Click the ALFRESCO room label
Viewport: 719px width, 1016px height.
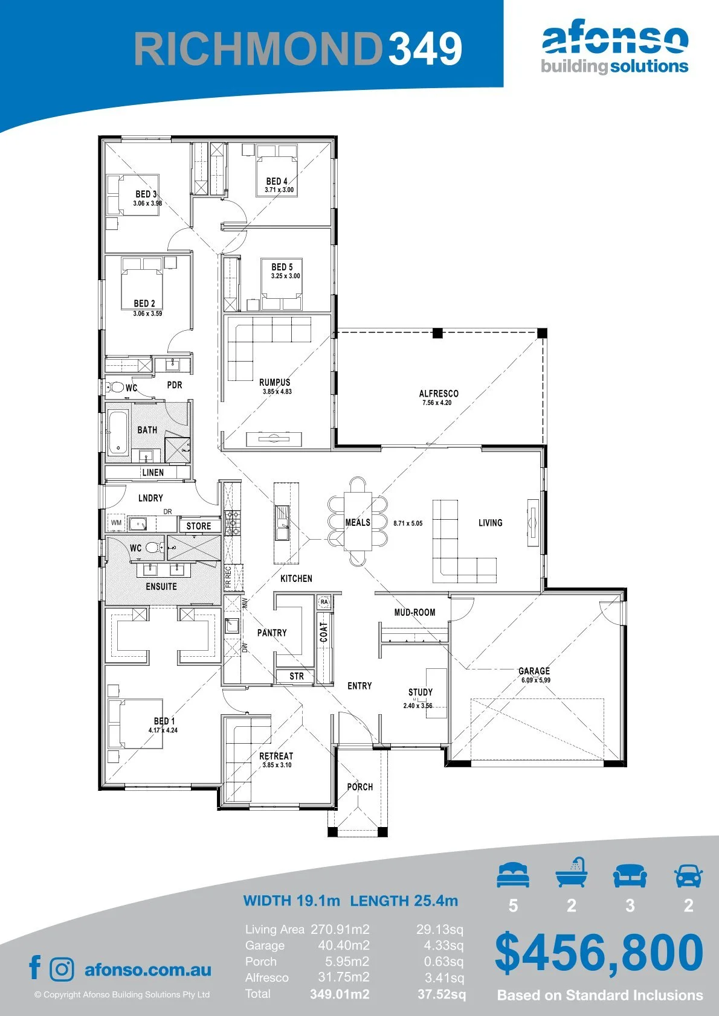tap(439, 394)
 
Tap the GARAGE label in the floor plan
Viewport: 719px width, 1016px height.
tap(534, 671)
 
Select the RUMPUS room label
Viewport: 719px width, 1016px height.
tap(275, 382)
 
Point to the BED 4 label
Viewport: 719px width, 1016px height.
tap(277, 182)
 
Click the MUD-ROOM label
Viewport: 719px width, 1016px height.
tap(415, 612)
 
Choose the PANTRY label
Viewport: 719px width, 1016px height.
tap(272, 633)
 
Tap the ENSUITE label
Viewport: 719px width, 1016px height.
tap(161, 586)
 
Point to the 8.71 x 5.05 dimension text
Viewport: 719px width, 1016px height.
tap(408, 523)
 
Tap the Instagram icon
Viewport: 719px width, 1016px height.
tap(61, 969)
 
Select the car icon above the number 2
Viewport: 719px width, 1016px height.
tap(689, 875)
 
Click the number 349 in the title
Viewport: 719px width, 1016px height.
tap(425, 48)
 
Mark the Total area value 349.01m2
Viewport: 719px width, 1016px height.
tap(340, 994)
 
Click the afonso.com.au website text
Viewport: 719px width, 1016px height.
tap(148, 970)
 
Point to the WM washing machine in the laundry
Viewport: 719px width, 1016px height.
tap(116, 523)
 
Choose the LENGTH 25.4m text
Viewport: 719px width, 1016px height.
tap(404, 900)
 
